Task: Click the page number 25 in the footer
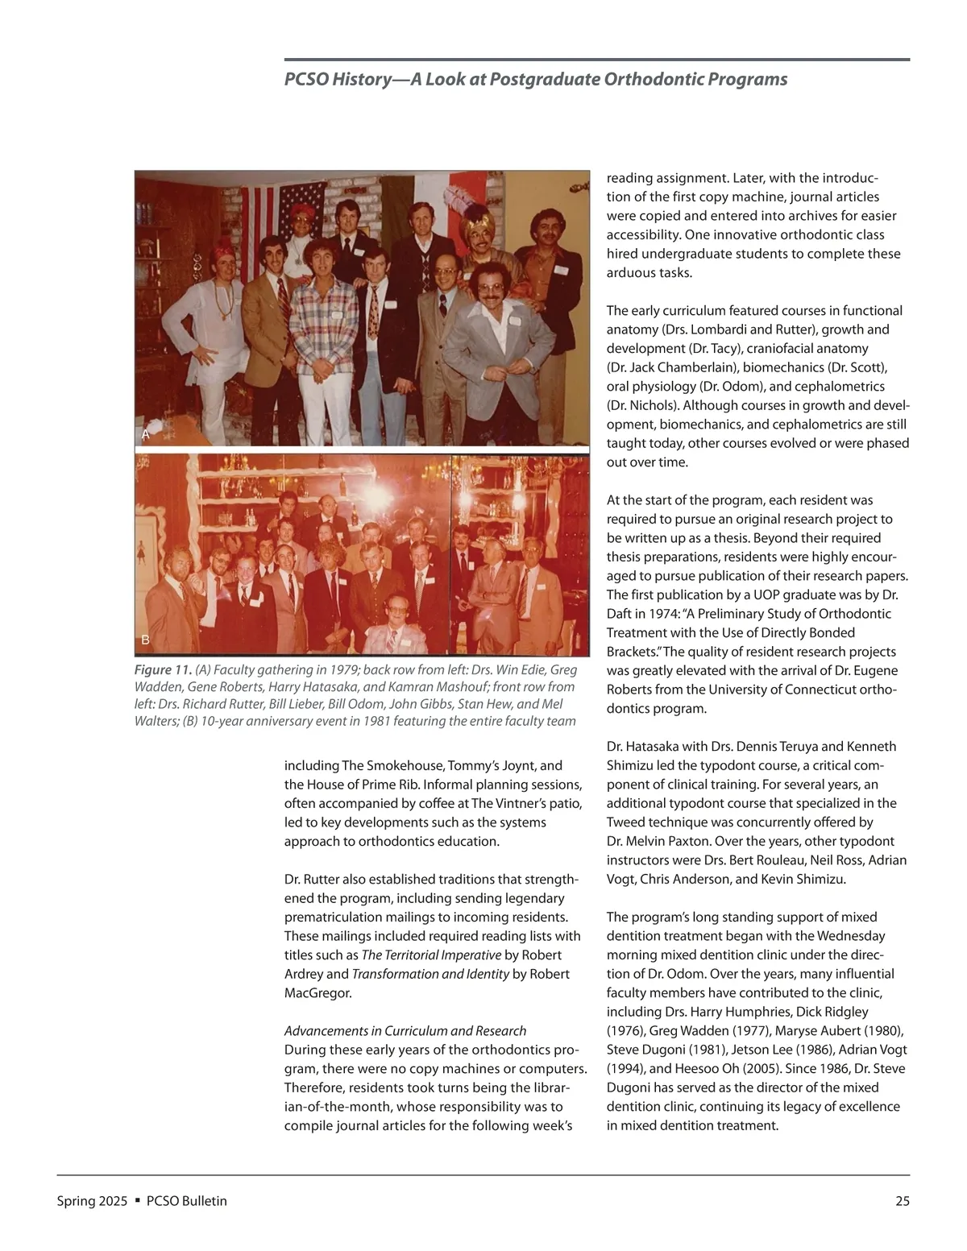pyautogui.click(x=903, y=1201)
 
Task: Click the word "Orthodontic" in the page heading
pyautogui.click(x=650, y=79)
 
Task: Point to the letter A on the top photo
pyautogui.click(x=146, y=434)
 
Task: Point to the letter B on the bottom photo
pyautogui.click(x=146, y=640)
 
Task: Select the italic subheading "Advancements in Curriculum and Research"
pyautogui.click(x=405, y=1031)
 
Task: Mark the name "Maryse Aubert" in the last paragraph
pyautogui.click(x=816, y=1031)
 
